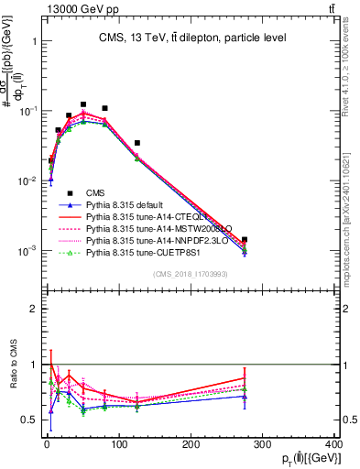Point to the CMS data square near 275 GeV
pos(245,240)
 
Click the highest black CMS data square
pos(83,104)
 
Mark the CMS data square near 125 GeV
pos(136,143)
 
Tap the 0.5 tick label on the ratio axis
pos(32,420)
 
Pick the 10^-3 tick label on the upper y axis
pos(29,250)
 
